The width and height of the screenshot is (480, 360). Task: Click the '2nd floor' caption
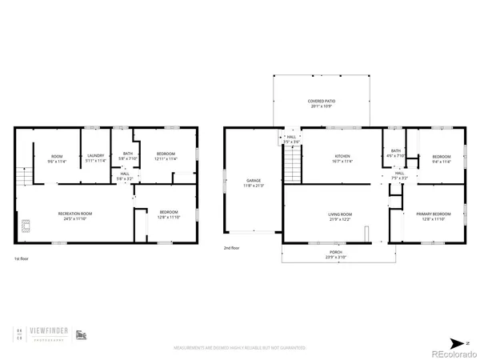(x=232, y=248)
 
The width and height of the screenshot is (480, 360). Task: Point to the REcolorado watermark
(x=451, y=352)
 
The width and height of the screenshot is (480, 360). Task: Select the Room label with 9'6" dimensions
(x=57, y=158)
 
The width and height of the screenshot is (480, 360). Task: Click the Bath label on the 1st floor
(x=127, y=155)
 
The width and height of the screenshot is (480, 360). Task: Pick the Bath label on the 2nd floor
(x=396, y=153)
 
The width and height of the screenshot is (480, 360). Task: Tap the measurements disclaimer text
(x=240, y=348)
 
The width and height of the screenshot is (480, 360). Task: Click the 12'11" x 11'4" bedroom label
(x=166, y=155)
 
